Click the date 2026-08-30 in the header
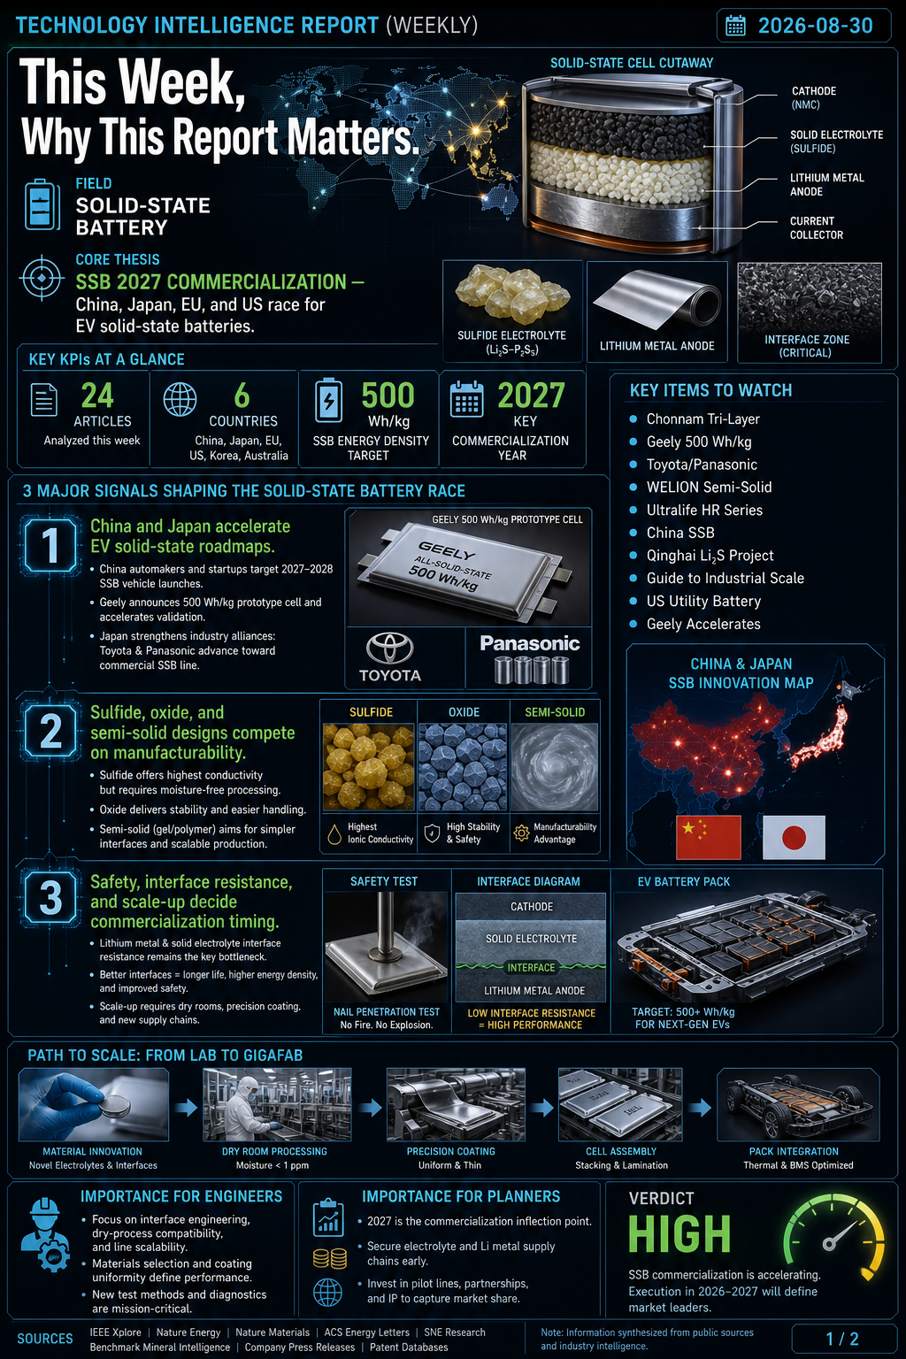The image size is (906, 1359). pos(815,26)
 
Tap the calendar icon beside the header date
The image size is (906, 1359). pos(735,26)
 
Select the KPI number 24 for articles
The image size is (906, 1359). pos(97,395)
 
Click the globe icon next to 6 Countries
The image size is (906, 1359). pos(180,399)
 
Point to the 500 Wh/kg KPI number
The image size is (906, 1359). pos(388,395)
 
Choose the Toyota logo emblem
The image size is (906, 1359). pos(390,648)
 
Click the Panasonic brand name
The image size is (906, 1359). pos(530,643)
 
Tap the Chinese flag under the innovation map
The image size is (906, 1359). pos(708,837)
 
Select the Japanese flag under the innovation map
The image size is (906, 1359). pos(794,837)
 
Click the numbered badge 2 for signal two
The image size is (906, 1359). pos(50,731)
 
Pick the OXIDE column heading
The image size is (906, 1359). pos(464,712)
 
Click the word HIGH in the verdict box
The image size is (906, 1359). pos(679,1234)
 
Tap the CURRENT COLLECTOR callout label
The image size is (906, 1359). pos(816,228)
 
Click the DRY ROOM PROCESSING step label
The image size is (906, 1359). pos(274,1151)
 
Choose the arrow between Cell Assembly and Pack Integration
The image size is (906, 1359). pos(700,1108)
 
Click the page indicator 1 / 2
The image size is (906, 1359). pos(842,1339)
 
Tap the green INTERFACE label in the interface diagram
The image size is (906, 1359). pos(531,968)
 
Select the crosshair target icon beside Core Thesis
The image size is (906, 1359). pos(42,278)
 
